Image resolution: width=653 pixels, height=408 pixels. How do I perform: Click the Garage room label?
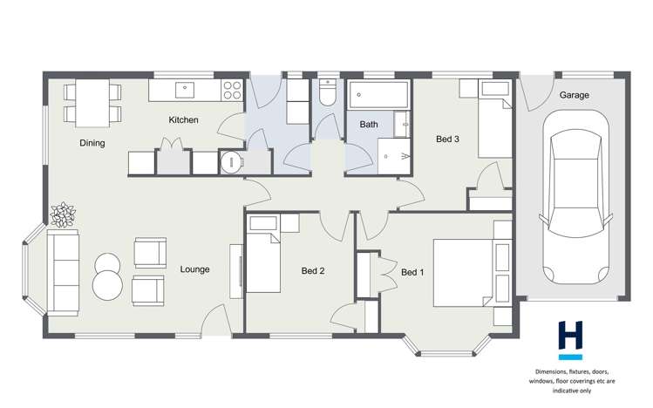(x=574, y=94)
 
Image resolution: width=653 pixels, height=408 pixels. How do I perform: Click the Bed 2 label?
(x=313, y=271)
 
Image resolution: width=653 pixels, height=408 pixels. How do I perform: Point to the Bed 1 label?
(x=412, y=272)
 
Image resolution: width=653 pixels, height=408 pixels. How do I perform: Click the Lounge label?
(x=194, y=269)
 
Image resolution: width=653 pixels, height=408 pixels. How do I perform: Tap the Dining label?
(x=92, y=143)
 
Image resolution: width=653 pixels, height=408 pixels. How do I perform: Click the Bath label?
(x=369, y=125)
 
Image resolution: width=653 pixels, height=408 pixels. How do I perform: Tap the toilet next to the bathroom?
(x=327, y=92)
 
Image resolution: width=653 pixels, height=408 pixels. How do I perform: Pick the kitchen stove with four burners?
(x=232, y=89)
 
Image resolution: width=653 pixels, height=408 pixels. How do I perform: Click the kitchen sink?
(x=185, y=89)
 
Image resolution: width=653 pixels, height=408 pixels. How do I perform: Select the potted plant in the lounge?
(x=64, y=214)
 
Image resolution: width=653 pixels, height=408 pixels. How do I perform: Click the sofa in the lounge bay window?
(x=62, y=271)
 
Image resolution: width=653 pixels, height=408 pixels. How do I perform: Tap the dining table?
(x=91, y=101)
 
